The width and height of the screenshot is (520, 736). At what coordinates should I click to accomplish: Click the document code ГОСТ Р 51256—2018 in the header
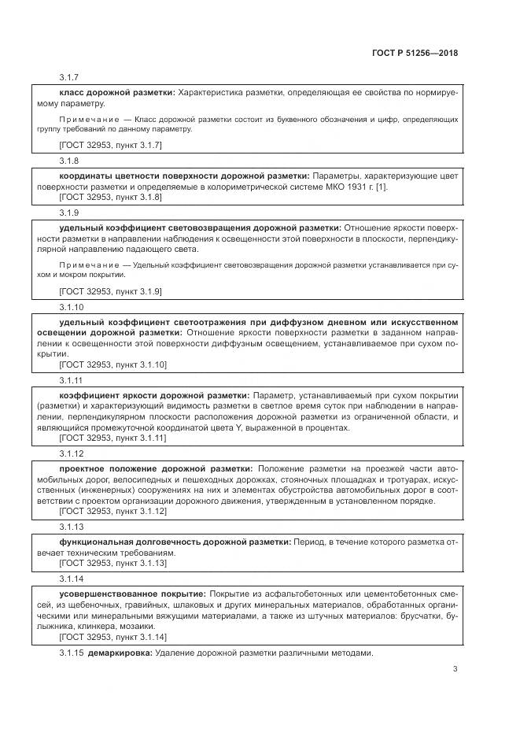[415, 54]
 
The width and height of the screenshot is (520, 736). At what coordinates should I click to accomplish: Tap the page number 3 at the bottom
[455, 670]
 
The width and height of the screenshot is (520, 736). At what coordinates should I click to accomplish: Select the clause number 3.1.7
[69, 78]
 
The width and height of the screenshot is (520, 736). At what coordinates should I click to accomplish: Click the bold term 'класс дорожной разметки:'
[117, 92]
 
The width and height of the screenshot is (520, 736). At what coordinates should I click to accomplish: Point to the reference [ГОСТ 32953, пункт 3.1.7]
[110, 146]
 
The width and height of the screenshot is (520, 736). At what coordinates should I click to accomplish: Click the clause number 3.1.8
[69, 160]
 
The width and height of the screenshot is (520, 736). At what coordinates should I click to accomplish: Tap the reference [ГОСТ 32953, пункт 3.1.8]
[110, 197]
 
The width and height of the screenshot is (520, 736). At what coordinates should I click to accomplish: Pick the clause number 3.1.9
[69, 212]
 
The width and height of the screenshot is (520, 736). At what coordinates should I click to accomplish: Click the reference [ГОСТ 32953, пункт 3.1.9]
[110, 290]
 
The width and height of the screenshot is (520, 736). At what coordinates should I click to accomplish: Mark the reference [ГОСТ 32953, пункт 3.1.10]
[112, 364]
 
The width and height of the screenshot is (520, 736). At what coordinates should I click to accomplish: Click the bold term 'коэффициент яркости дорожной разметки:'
[154, 394]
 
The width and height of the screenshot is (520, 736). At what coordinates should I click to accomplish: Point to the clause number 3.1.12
[72, 453]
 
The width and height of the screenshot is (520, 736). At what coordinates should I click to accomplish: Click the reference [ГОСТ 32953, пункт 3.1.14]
[112, 637]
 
